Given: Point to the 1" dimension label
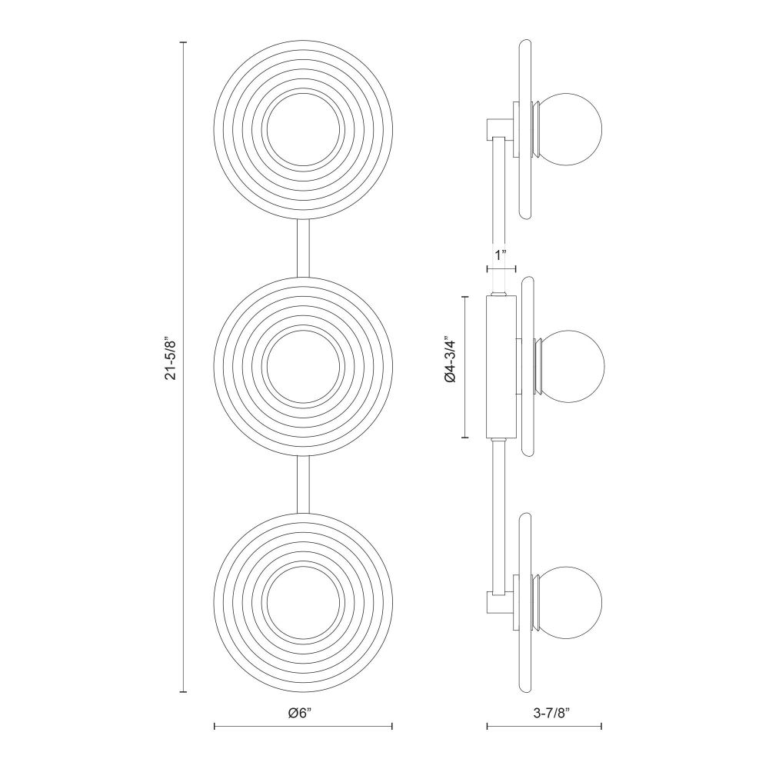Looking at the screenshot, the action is pyautogui.click(x=501, y=255).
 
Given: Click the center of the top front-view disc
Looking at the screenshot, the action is pyautogui.click(x=303, y=130).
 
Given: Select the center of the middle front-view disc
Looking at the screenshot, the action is pyautogui.click(x=303, y=366).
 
